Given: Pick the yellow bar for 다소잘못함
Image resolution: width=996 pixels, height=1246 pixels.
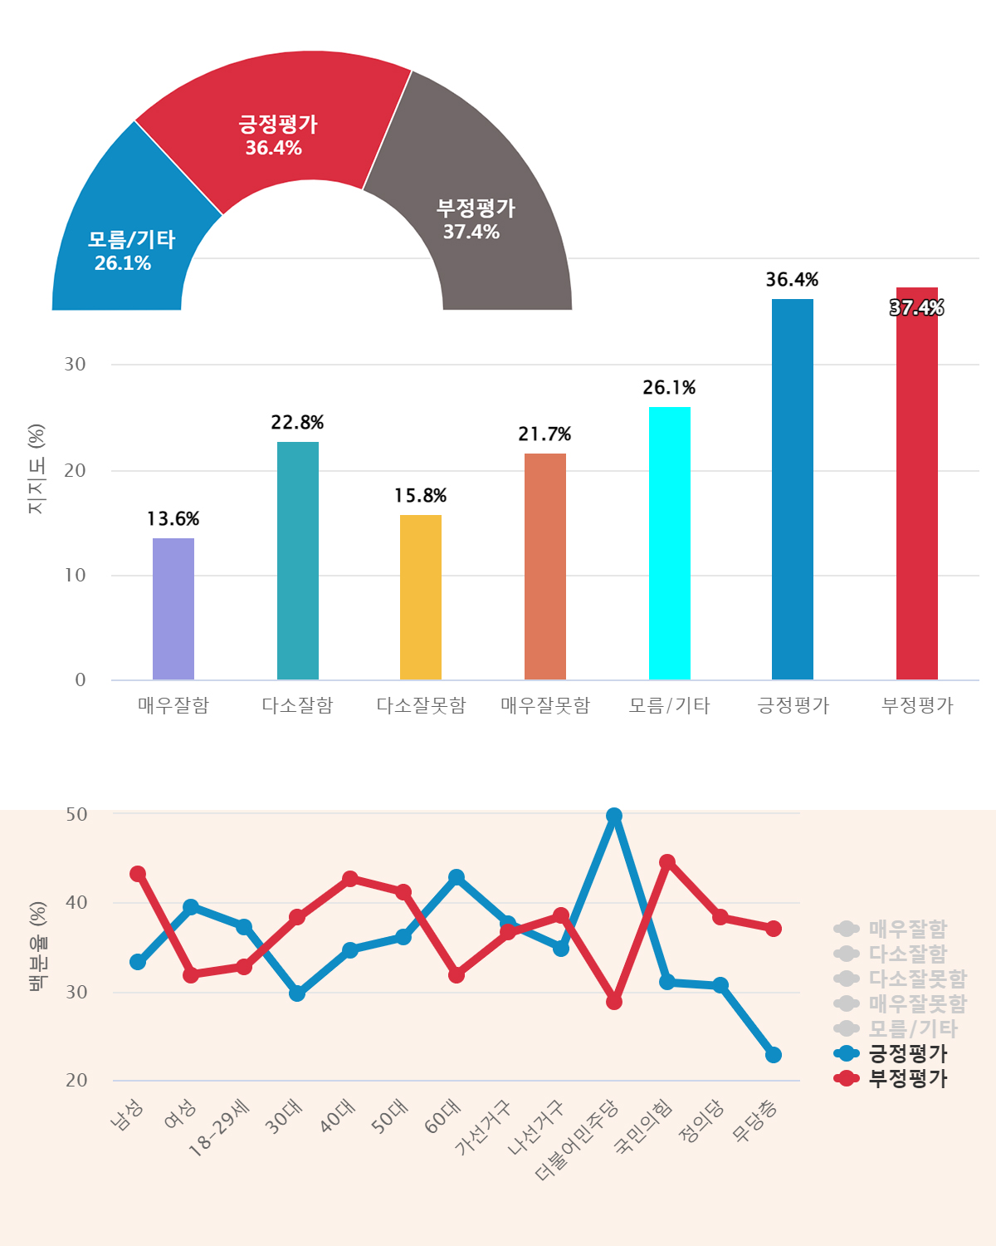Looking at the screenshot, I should pyautogui.click(x=421, y=597).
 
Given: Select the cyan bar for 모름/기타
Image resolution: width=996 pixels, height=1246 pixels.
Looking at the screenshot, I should pyautogui.click(x=670, y=543).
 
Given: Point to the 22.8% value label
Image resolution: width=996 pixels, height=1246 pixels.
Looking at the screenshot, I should pyautogui.click(x=297, y=423).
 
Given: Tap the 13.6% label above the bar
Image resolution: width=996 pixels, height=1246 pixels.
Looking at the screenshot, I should pyautogui.click(x=173, y=519).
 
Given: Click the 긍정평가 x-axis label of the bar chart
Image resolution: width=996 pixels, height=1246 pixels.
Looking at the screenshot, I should pyautogui.click(x=793, y=705).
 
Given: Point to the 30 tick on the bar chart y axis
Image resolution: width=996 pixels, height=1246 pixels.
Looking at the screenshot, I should pyautogui.click(x=76, y=365).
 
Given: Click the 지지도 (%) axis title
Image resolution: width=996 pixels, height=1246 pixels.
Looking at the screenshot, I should pyautogui.click(x=37, y=469).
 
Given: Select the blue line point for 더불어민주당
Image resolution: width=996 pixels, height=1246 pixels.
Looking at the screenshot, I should pyautogui.click(x=614, y=817).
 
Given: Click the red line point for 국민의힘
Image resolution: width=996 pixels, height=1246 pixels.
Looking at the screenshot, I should pyautogui.click(x=667, y=862).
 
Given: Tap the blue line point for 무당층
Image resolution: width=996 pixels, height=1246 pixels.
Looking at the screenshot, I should pyautogui.click(x=774, y=1055).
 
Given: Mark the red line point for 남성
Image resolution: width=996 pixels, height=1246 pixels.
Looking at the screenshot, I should pyautogui.click(x=138, y=874).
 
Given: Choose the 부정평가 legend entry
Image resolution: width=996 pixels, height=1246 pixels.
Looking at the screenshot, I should pyautogui.click(x=891, y=1078).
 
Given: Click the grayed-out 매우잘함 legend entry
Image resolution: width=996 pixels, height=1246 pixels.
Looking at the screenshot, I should pyautogui.click(x=891, y=929).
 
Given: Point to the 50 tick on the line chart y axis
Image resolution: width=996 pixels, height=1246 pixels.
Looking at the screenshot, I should pyautogui.click(x=77, y=814).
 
